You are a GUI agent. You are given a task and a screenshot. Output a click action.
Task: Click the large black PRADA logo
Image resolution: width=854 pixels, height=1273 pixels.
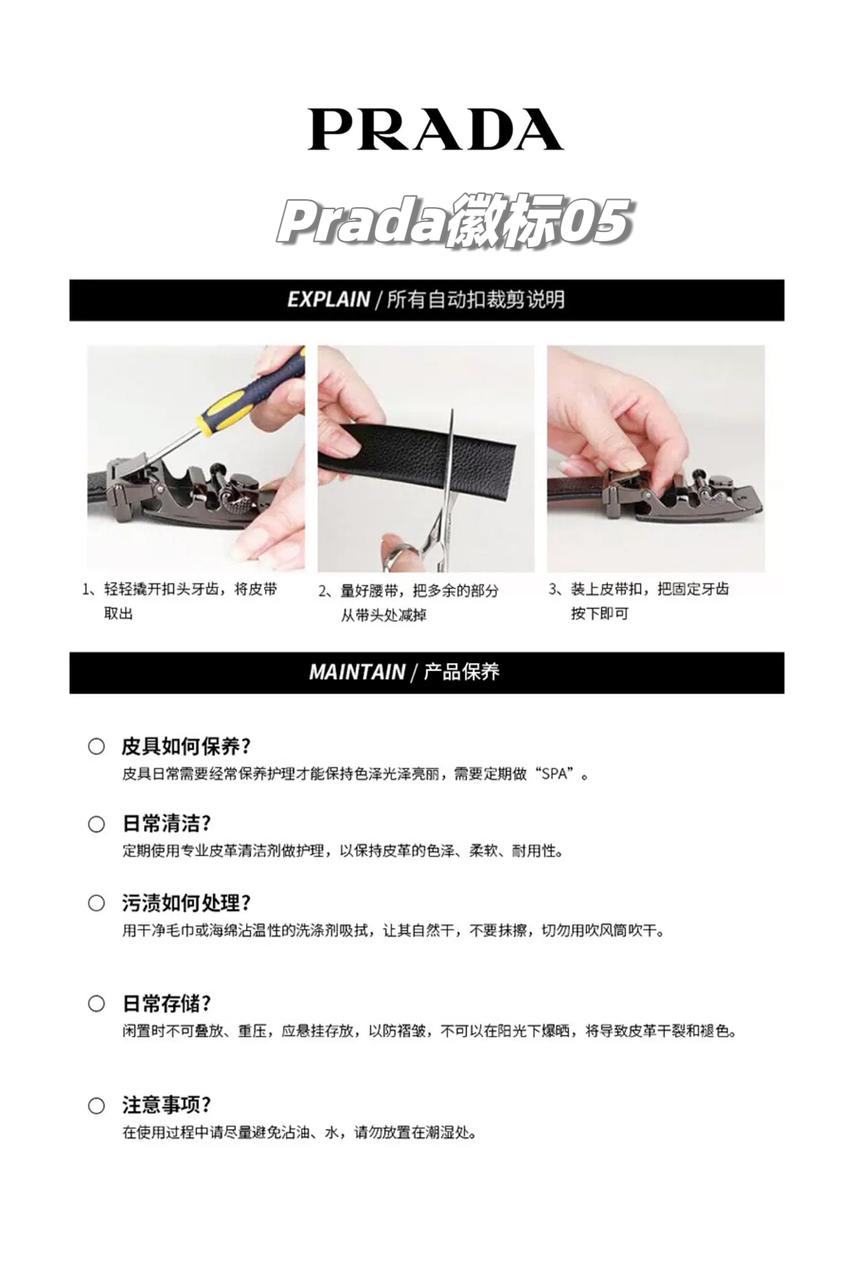tap(436, 129)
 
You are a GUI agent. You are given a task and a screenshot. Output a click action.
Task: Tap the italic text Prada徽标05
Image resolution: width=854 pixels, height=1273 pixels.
tap(454, 221)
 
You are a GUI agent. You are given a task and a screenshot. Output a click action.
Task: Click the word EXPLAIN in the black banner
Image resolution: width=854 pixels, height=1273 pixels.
tap(329, 300)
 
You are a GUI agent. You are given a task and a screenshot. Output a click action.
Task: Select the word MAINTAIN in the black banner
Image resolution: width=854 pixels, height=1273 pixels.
tap(357, 672)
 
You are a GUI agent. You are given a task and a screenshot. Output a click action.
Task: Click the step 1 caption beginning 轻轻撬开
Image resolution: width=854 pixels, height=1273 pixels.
tap(179, 601)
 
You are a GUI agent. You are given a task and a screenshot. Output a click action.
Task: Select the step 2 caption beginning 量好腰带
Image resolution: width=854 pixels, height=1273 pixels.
tap(408, 602)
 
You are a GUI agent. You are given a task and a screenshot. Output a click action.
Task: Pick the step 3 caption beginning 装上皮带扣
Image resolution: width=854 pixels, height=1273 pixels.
tap(639, 601)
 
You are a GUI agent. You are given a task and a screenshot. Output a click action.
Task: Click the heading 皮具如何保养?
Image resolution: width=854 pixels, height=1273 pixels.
tap(186, 746)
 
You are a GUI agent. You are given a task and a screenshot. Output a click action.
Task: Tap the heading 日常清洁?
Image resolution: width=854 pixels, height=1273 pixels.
tap(167, 823)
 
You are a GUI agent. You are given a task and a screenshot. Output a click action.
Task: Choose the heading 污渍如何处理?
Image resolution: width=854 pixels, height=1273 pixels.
tap(186, 903)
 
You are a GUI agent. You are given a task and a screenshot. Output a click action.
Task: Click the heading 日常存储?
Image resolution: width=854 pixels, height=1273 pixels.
tap(167, 1003)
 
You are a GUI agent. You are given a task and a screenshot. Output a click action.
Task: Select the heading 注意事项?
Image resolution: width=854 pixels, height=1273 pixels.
tap(167, 1105)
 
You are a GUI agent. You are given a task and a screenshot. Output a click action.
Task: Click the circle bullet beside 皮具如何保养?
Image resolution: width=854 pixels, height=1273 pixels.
tap(96, 746)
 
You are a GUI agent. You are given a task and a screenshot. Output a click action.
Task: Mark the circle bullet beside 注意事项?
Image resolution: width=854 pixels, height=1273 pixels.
tap(96, 1106)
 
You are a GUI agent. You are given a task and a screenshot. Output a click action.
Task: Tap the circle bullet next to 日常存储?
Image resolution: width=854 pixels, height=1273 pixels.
tap(96, 1003)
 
